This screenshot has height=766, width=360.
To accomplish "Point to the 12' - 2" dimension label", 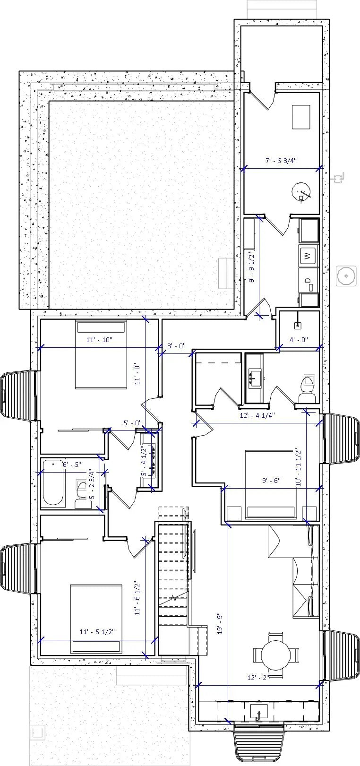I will point(258,678).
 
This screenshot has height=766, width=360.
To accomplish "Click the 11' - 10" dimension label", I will point(99,340).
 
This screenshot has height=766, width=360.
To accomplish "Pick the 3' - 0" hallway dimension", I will point(177,346).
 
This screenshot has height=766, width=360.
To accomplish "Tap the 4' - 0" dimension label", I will point(299,339).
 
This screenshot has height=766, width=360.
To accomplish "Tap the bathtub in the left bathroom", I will point(53,483).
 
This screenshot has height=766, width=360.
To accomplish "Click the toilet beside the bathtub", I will point(84,494).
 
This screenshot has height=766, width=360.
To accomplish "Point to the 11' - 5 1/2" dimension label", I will point(97,631).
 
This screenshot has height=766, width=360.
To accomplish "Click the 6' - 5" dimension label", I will point(72,465).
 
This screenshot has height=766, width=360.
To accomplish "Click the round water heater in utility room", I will point(301,192).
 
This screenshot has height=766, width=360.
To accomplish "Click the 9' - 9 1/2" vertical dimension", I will point(252,267).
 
